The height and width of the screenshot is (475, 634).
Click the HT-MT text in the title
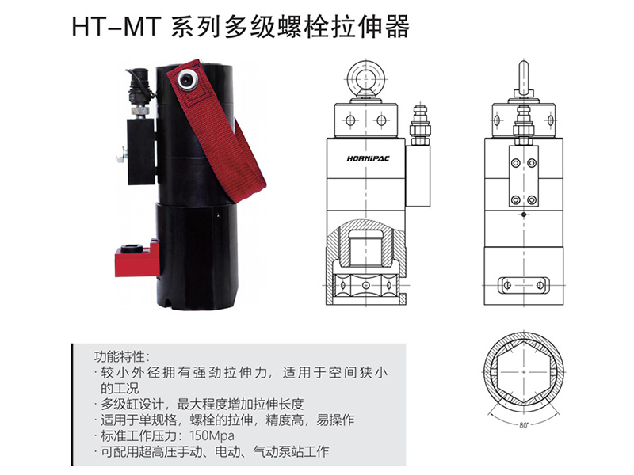pyautogui.click(x=116, y=27)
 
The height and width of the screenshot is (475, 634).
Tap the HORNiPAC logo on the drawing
pyautogui.click(x=368, y=159)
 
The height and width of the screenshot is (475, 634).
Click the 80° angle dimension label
pyautogui.click(x=524, y=425)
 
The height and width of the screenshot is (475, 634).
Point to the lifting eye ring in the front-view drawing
pyautogui.click(x=366, y=77)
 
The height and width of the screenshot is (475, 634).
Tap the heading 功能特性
pyautogui.click(x=120, y=357)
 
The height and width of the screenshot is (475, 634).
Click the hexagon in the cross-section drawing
pyautogui.click(x=524, y=371)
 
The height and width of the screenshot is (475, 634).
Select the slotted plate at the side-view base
pyautogui.click(x=524, y=285)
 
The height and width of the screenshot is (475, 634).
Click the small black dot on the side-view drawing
pyautogui.click(x=524, y=215)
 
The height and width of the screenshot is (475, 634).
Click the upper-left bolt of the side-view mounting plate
pyautogui.click(x=516, y=163)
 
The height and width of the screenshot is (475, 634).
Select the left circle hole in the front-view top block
pyautogui.click(x=350, y=120)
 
